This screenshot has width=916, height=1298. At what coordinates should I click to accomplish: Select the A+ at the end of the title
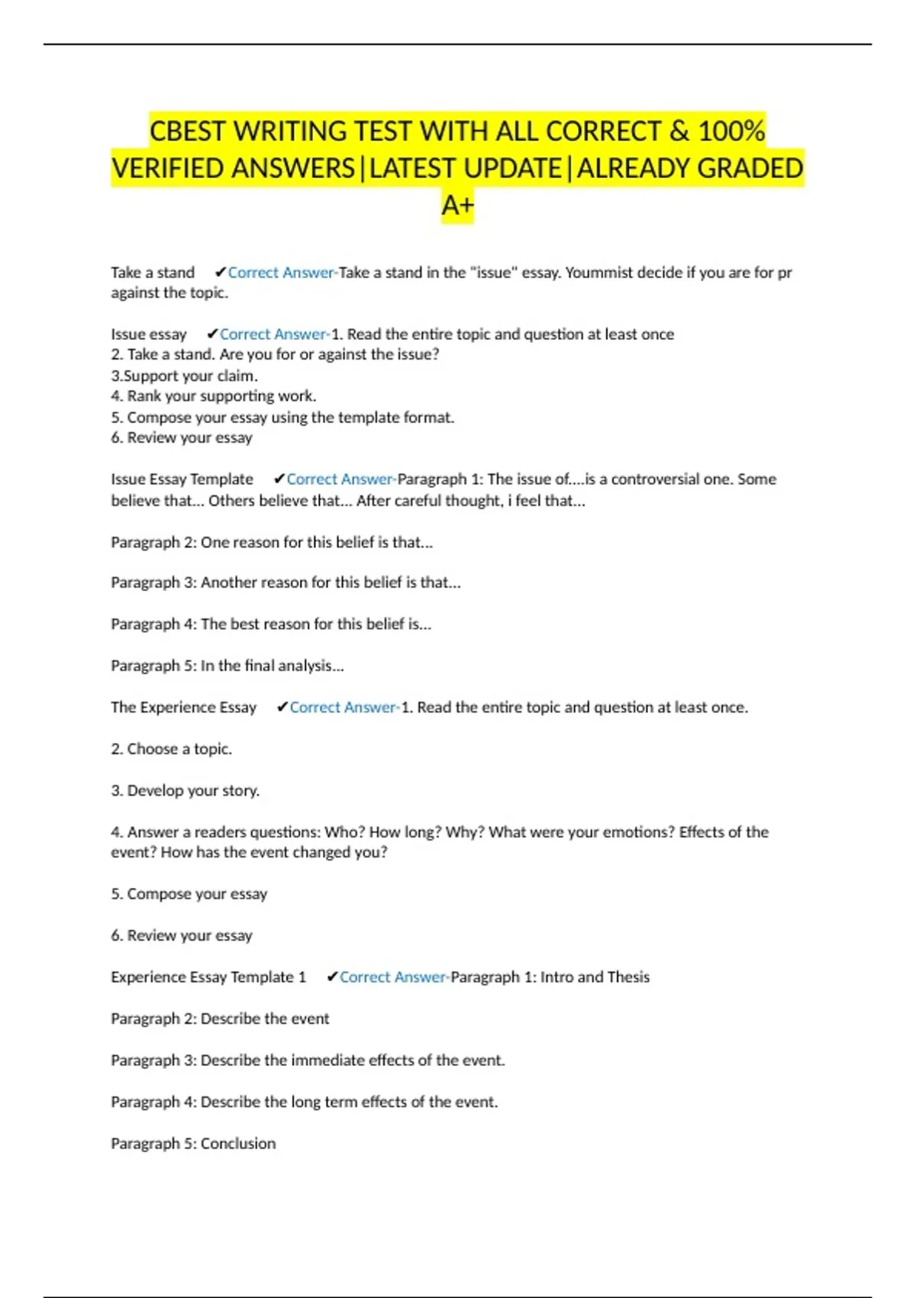point(457,205)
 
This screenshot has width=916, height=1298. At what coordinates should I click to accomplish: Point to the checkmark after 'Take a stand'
point(221,273)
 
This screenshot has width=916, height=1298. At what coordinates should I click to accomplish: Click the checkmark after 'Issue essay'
point(212,334)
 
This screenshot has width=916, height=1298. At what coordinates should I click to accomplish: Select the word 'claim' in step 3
point(236,376)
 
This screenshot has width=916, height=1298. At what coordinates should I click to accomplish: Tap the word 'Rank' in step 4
point(144,396)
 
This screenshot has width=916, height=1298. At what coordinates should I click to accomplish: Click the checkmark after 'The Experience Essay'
point(282,708)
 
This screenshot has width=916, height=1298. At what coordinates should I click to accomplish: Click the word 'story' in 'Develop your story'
point(239,791)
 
